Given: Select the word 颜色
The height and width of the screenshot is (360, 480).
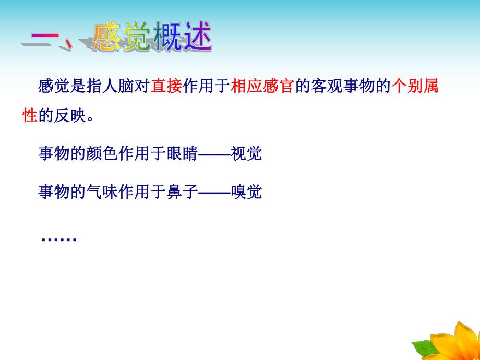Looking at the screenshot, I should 99,154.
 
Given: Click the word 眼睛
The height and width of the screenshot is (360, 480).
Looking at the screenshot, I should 185,154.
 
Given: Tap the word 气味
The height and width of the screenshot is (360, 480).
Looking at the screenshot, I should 99,193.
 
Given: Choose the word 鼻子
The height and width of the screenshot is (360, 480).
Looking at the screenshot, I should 185,193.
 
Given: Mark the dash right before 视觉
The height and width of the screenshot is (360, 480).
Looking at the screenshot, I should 215,154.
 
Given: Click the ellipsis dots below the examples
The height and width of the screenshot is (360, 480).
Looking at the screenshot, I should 58,239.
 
